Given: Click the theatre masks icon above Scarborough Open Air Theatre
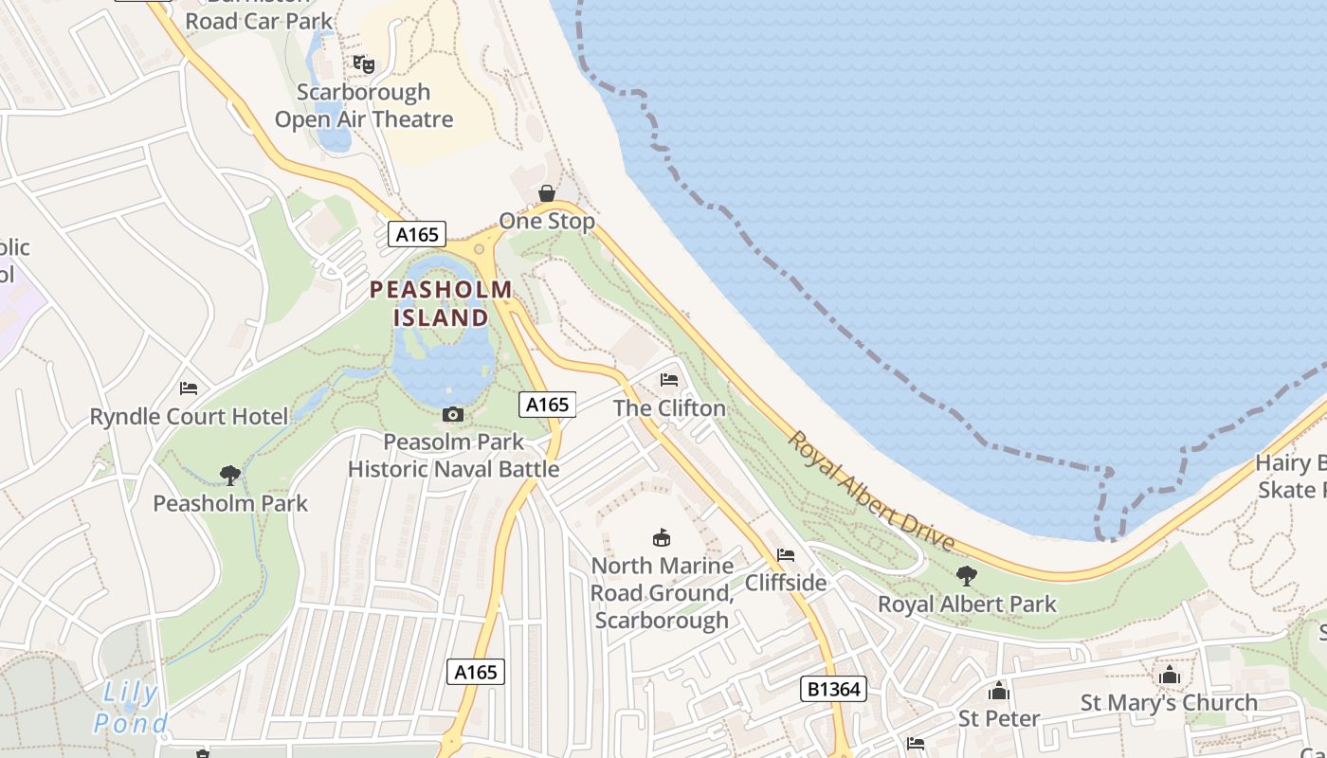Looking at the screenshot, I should click(364, 64).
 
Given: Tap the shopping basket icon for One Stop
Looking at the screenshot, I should click(547, 193).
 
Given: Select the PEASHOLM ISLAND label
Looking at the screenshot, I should click(441, 303).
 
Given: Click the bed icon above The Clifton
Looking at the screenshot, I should click(669, 380).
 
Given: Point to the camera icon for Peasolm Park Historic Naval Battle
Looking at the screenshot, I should click(453, 414).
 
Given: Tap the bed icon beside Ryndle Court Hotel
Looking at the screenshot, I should click(189, 388).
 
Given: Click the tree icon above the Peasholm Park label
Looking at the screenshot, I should click(229, 475).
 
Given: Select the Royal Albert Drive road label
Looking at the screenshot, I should click(871, 492).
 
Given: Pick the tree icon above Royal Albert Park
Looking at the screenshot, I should click(967, 575).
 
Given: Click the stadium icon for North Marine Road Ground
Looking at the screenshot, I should click(662, 537).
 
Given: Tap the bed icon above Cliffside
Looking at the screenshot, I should click(786, 554).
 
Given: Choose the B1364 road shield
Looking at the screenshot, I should click(834, 689).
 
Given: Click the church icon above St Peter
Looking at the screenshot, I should click(999, 691).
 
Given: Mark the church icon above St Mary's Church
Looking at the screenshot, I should click(1170, 675).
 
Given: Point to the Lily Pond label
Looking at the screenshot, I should click(131, 709).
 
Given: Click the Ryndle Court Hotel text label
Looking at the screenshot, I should click(189, 417).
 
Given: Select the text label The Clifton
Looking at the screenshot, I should click(669, 408).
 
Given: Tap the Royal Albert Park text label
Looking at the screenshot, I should click(967, 604).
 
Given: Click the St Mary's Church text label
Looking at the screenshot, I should click(1170, 703).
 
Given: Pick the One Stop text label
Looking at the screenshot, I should click(547, 222).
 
